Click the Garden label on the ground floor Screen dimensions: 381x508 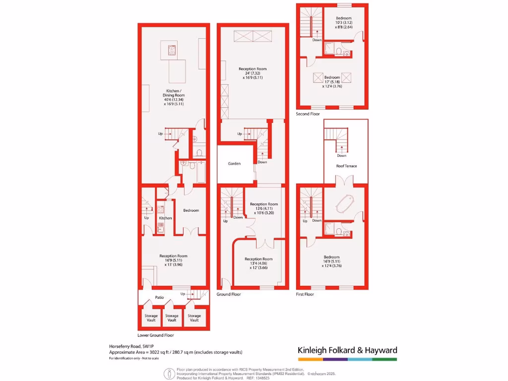pyautogui.click(x=234, y=163)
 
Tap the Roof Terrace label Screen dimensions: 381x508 pyautogui.click(x=345, y=166)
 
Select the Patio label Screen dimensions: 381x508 pyautogui.click(x=159, y=298)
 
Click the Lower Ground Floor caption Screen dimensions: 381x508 pyautogui.click(x=155, y=335)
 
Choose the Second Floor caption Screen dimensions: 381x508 pyautogui.click(x=308, y=114)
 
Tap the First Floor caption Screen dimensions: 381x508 pyautogui.click(x=306, y=294)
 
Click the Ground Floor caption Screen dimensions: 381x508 pyautogui.click(x=229, y=294)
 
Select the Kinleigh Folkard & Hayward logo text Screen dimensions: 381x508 pyautogui.click(x=347, y=350)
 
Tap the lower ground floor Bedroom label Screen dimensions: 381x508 pyautogui.click(x=191, y=210)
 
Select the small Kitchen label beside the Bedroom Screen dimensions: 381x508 pyautogui.click(x=165, y=218)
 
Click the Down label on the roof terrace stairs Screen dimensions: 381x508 pyautogui.click(x=341, y=156)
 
